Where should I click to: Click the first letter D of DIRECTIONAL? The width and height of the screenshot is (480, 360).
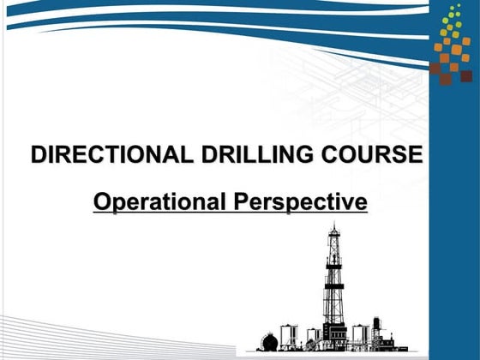tap(39, 155)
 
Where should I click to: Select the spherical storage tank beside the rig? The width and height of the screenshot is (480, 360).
tap(270, 342)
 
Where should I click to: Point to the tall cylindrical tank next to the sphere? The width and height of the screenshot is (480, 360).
tap(289, 336)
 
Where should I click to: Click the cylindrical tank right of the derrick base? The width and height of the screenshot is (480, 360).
tap(359, 335)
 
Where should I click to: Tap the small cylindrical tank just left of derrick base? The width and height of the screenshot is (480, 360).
tap(314, 336)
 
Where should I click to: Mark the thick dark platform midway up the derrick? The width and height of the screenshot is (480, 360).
tap(333, 286)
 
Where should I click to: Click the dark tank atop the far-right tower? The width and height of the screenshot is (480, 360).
tap(376, 323)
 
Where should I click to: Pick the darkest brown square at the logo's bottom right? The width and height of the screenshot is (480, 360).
tap(465, 75)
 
